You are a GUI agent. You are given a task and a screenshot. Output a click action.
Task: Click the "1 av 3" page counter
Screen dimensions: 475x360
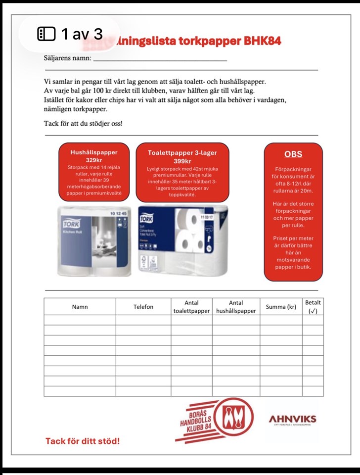[x=70, y=34]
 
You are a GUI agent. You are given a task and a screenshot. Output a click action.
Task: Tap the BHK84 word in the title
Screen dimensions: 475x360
[x=262, y=41]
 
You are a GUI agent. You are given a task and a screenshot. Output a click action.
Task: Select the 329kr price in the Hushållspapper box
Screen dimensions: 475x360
[x=93, y=160]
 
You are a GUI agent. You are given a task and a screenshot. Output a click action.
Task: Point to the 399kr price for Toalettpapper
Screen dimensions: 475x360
[x=182, y=161]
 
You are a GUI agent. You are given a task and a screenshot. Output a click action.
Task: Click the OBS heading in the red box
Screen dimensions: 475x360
[x=293, y=154]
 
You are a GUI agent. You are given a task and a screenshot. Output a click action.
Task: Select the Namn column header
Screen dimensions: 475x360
[x=80, y=307]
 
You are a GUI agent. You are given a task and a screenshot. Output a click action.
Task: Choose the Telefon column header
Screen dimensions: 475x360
[x=143, y=307]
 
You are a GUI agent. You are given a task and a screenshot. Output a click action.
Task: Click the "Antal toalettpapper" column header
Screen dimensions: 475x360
[x=191, y=307]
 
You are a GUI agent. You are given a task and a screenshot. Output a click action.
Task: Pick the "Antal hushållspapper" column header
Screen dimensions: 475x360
[x=236, y=307]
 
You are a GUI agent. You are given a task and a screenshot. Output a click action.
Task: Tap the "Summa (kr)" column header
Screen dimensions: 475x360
[x=281, y=307]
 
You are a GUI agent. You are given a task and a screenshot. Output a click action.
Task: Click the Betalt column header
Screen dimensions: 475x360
[x=313, y=306]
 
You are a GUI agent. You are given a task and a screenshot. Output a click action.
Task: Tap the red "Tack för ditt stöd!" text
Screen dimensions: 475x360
[x=83, y=441]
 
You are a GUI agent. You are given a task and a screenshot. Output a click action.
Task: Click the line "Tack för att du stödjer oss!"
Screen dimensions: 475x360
[x=83, y=123]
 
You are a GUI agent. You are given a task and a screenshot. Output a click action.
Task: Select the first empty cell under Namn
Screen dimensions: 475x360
[x=80, y=320]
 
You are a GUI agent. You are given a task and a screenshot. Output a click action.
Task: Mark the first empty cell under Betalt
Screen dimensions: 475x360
[x=313, y=320]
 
